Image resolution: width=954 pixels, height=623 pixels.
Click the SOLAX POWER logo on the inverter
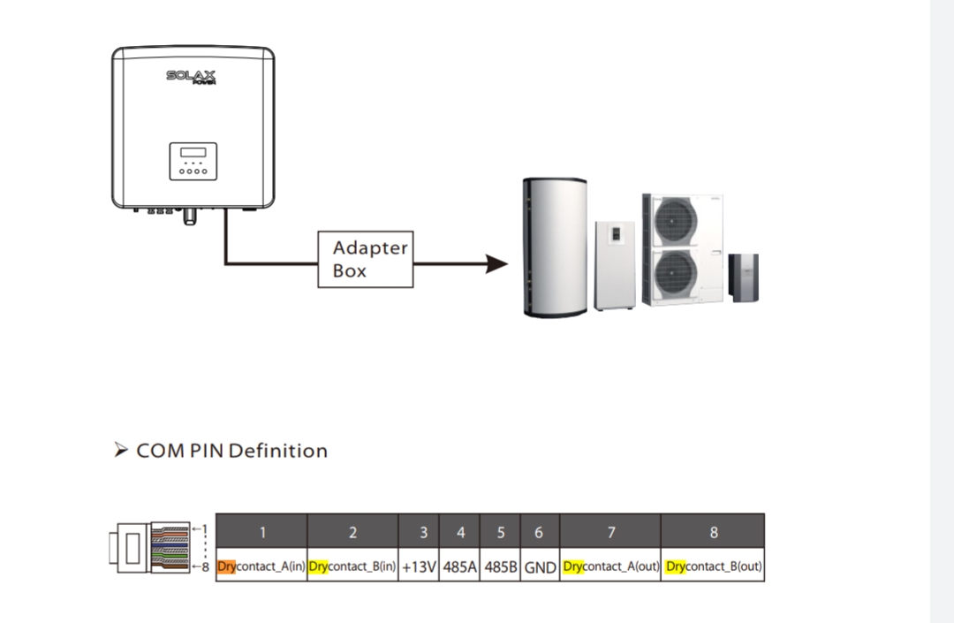(x=191, y=77)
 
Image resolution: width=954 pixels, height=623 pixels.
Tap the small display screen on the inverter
(x=193, y=152)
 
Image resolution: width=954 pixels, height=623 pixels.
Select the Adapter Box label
(x=365, y=260)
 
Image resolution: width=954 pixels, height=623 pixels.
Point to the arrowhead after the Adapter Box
(x=497, y=263)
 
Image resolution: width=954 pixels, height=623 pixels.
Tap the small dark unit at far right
(x=743, y=277)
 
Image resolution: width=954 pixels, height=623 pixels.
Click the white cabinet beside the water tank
(x=615, y=265)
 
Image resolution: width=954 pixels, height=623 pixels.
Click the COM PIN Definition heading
(x=231, y=451)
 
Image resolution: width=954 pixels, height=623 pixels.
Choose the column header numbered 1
(x=262, y=532)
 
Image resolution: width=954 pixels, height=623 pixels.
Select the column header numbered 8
(x=714, y=532)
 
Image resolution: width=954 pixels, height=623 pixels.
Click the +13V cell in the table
(x=419, y=566)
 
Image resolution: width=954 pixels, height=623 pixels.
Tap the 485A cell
(x=460, y=566)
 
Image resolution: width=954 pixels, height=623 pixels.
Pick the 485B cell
(x=501, y=566)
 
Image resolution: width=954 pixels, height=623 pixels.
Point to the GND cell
(x=540, y=566)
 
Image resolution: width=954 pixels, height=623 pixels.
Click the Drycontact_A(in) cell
(x=261, y=566)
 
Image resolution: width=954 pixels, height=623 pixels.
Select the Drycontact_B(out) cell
(x=714, y=566)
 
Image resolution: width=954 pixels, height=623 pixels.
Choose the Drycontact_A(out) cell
(x=610, y=566)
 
